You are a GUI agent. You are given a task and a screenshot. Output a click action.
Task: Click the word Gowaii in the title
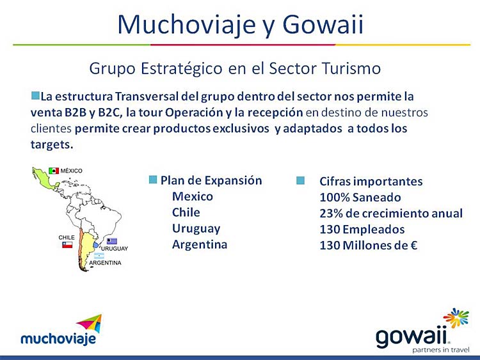coord(323,24)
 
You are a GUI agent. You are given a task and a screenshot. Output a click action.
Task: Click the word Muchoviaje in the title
coord(187,25)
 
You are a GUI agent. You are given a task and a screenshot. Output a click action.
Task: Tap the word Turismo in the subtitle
coord(351,68)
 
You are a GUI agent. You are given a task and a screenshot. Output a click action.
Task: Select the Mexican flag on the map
coord(54,171)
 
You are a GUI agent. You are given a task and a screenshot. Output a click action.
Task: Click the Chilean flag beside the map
coord(67,245)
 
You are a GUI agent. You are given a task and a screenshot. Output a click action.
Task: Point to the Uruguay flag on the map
coord(112,241)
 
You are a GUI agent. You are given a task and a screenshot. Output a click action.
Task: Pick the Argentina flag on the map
coord(99,256)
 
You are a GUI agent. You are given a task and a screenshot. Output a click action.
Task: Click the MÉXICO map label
coord(71,171)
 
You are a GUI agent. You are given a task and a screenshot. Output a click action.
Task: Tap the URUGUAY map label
coord(115,249)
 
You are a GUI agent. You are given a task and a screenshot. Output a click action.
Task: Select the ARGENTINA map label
coord(106,263)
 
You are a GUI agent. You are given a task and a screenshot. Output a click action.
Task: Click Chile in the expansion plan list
coord(186,212)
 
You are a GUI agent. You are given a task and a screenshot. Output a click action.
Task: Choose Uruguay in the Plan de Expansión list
coord(196,229)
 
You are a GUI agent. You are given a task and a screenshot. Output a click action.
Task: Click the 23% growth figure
coord(332,213)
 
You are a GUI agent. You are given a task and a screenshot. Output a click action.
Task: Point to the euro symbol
coord(414,246)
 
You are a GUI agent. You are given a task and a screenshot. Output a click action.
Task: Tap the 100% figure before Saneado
coord(335,198)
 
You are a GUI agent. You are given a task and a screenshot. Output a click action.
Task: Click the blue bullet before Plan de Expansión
coord(153,180)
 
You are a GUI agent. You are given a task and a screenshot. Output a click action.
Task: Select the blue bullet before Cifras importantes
coord(301,180)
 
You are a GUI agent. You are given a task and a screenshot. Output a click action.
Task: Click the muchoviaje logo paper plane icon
coord(90,323)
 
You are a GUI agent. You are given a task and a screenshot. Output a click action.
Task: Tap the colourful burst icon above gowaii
coord(456,318)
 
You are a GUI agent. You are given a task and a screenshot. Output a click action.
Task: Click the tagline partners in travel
coord(441,350)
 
